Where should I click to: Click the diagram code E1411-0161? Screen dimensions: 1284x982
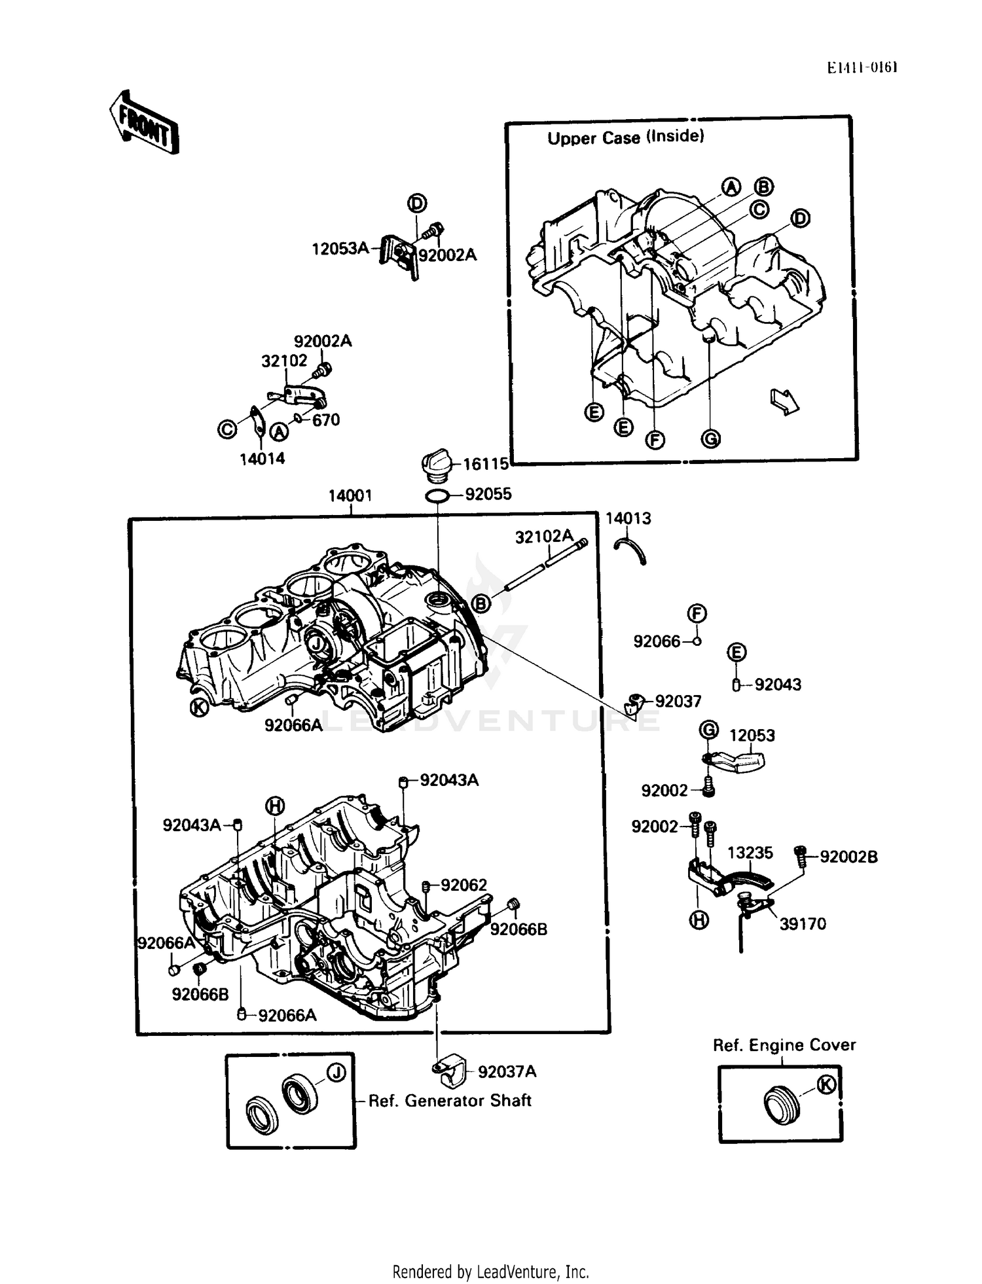pos(861,67)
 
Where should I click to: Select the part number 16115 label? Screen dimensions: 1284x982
pos(486,464)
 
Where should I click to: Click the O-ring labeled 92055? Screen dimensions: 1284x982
pos(437,495)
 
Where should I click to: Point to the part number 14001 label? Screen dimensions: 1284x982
pos(350,496)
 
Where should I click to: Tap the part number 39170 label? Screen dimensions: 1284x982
pos(802,924)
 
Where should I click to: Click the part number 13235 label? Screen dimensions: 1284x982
pos(750,853)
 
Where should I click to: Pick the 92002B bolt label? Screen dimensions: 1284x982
pos(848,857)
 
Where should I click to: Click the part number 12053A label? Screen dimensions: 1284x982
pos(340,249)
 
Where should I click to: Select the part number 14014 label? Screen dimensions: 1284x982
pos(262,459)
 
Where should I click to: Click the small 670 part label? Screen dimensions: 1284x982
pos(325,420)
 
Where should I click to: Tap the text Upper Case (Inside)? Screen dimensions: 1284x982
pos(625,137)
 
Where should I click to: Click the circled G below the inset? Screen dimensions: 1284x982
pos(710,438)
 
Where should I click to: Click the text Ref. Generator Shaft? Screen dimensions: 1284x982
pos(450,1101)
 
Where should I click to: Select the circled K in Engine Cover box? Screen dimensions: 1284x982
pos(827,1085)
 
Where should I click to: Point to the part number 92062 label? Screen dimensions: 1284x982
pos(464,885)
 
